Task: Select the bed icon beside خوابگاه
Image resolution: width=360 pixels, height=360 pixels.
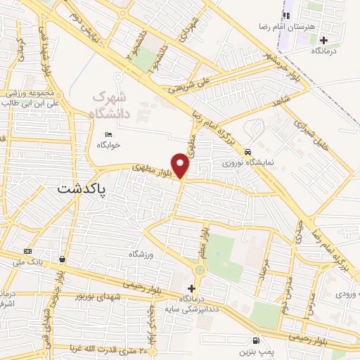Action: [x=108, y=134]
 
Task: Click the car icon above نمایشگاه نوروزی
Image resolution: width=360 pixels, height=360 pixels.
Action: [x=247, y=152]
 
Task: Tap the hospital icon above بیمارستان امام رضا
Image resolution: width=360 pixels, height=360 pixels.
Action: [x=286, y=15]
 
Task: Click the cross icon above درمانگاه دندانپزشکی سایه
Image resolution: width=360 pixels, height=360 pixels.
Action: [x=191, y=288]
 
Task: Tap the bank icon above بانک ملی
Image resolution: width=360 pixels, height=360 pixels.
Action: [x=27, y=252]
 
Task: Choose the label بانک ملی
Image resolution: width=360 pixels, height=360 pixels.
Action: [x=28, y=263]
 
